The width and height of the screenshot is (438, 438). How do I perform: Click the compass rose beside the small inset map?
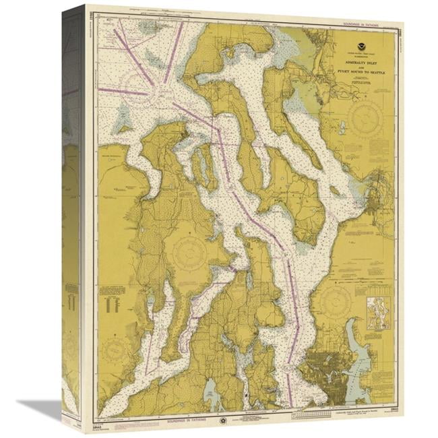point(336,303)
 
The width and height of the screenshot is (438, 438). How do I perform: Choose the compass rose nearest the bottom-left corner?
point(116,350)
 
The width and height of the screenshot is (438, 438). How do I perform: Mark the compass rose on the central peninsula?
point(189,255)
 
